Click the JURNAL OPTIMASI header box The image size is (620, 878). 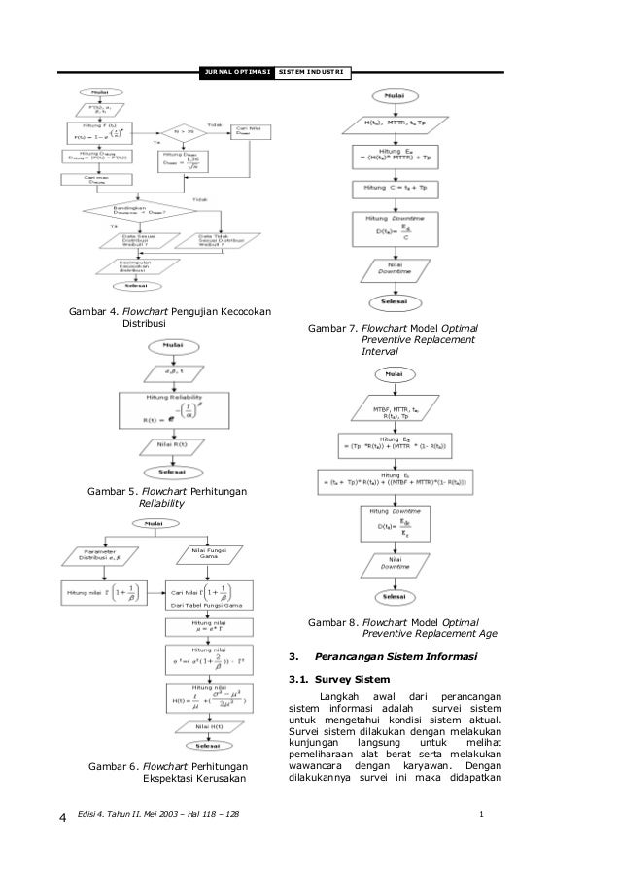click(x=234, y=73)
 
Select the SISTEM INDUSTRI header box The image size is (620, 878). click(x=312, y=73)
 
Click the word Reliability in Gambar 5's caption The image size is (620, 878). click(x=160, y=505)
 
